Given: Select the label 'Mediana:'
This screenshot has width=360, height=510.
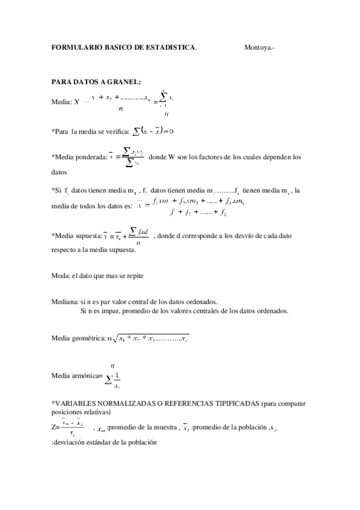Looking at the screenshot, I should [x=65, y=302].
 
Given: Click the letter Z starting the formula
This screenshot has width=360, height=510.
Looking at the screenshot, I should [x=54, y=428].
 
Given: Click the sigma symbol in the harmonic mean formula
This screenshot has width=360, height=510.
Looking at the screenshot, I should [x=108, y=379].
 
